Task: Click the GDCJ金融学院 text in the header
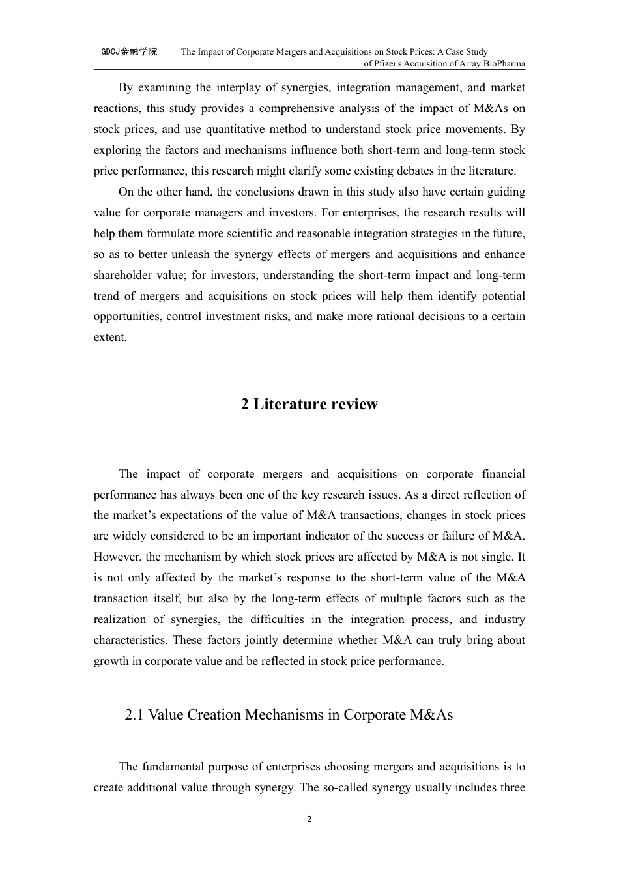coord(129,51)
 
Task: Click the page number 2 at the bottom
coord(309,819)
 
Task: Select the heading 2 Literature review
coord(309,404)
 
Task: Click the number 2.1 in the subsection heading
coord(134,715)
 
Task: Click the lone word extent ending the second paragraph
coord(109,338)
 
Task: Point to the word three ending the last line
coord(511,788)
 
